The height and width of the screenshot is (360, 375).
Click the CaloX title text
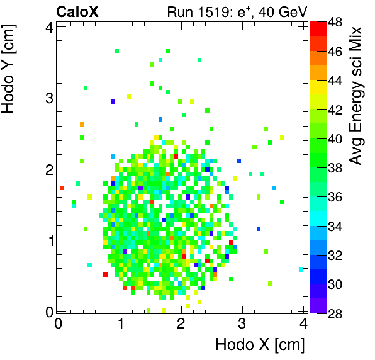[77, 11]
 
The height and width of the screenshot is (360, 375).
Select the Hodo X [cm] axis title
[260, 345]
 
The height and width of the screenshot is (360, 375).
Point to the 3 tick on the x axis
[242, 323]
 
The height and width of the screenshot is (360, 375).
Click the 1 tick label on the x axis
[120, 323]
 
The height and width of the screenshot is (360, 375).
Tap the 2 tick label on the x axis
[181, 323]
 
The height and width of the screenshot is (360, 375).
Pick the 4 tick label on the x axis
[303, 323]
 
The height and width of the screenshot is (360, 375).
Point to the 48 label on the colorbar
[335, 22]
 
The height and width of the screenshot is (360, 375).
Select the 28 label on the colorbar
[335, 313]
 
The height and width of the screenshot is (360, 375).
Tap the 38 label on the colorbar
[335, 167]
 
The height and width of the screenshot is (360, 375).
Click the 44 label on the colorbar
[335, 81]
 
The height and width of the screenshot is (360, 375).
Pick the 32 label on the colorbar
[335, 255]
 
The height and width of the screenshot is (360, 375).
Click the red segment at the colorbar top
[318, 27]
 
